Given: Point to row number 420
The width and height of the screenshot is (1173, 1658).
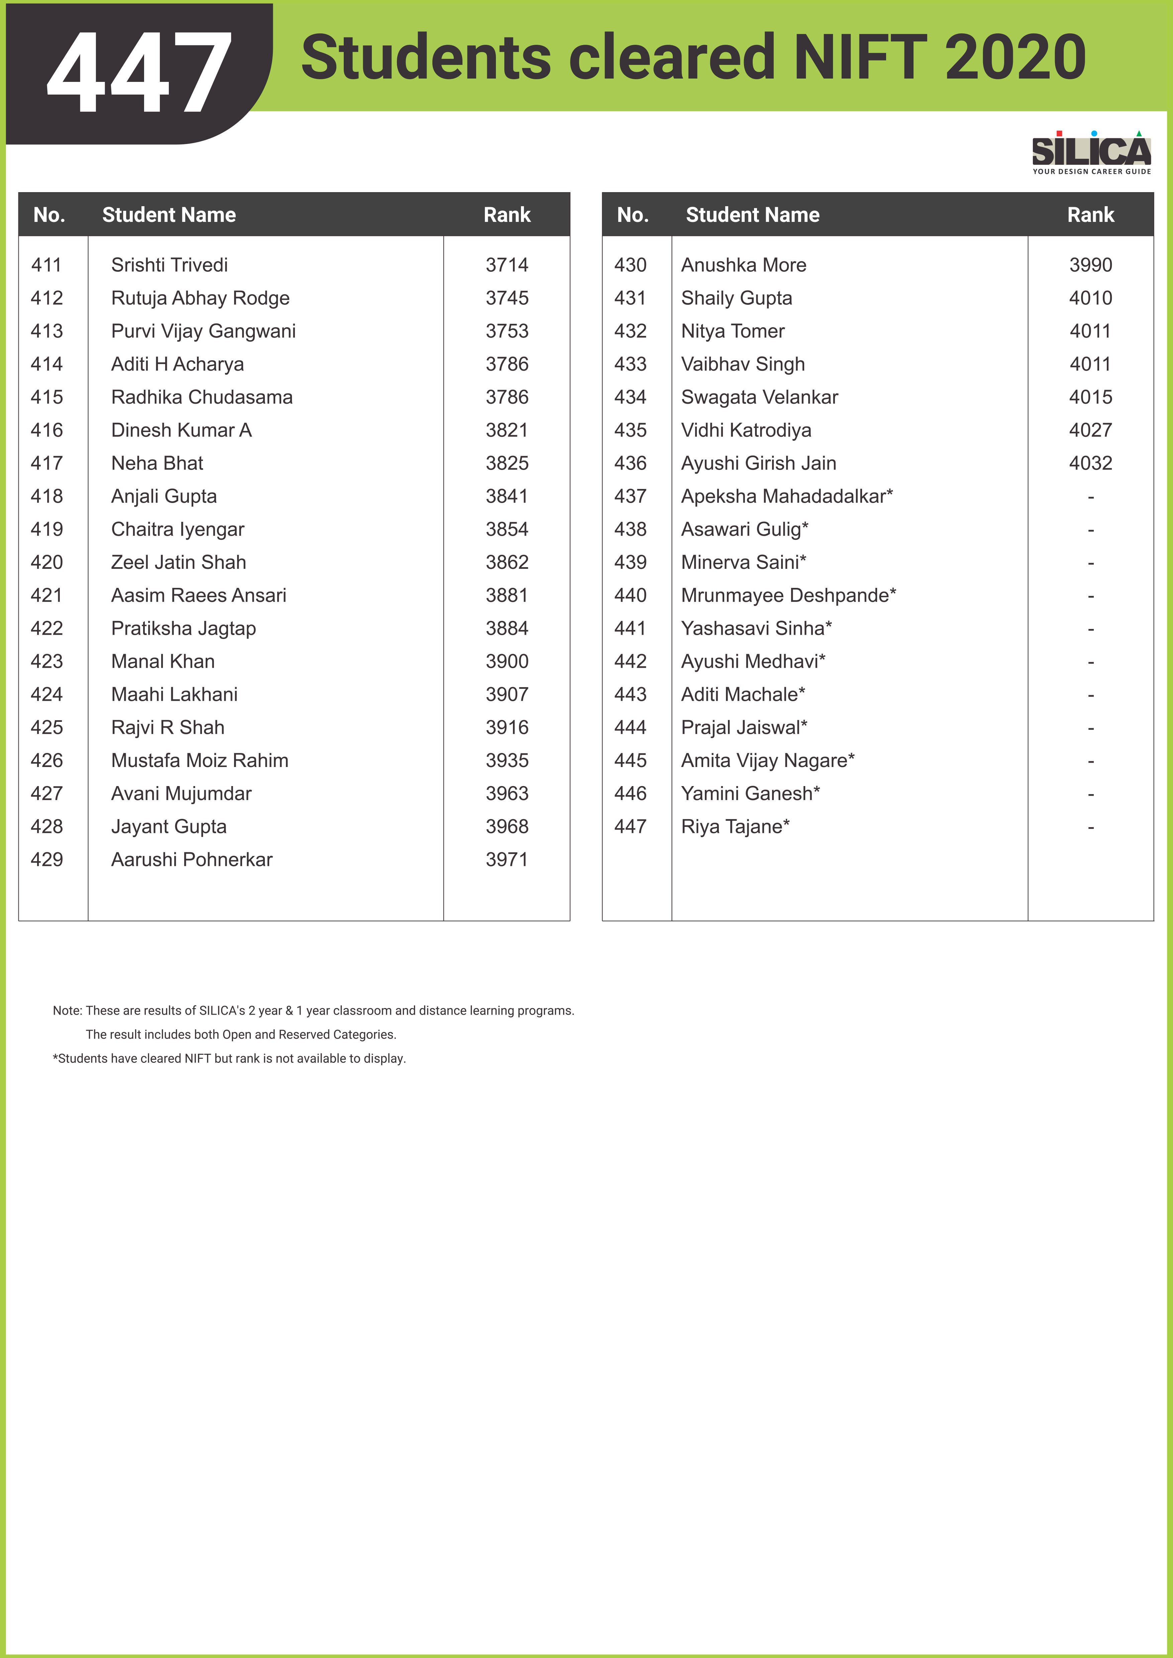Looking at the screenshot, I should (x=47, y=562).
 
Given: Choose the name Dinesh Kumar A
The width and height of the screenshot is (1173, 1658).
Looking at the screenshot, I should (x=181, y=430).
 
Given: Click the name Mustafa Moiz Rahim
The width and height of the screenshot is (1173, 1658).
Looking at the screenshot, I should (x=199, y=760).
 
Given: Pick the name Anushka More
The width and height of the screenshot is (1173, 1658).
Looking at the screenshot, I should (x=743, y=265).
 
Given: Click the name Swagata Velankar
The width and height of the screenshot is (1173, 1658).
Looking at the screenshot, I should (x=759, y=397).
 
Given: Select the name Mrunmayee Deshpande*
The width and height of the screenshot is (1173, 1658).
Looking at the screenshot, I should (x=788, y=596).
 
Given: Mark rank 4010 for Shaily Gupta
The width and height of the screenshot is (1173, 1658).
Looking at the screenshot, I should (x=1090, y=298).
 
